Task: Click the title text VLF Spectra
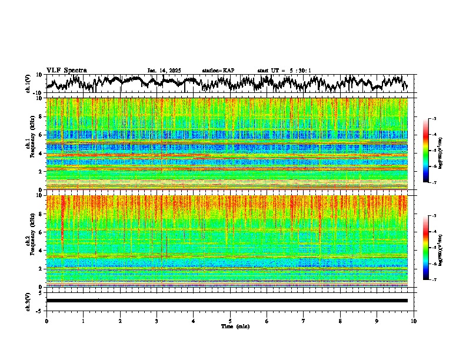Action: (x=66, y=70)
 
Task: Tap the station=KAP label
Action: (x=218, y=71)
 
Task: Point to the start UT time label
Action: (x=284, y=71)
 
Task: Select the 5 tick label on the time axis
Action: (x=230, y=321)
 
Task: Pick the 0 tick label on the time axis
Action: (x=46, y=321)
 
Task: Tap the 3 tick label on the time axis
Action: (x=157, y=321)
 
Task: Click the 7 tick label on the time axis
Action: (x=304, y=321)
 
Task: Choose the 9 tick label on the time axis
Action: (x=377, y=321)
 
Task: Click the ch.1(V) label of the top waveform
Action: (x=29, y=84)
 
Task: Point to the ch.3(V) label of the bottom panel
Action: (x=29, y=300)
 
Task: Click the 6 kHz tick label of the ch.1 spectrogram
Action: (x=40, y=135)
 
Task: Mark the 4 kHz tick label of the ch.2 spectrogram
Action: (x=40, y=251)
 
